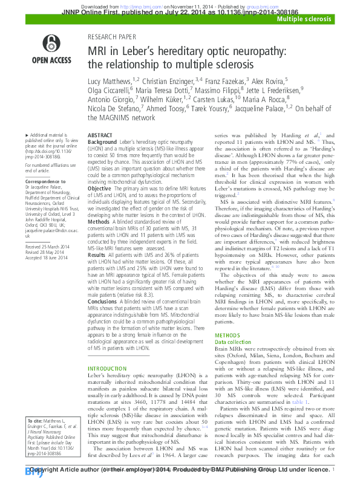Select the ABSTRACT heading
click(x=99, y=136)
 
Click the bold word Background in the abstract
click(x=102, y=141)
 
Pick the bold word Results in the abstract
click(x=97, y=255)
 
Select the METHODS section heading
click(x=227, y=335)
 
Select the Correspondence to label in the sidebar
click(x=42, y=181)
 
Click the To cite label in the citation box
click(x=37, y=436)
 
